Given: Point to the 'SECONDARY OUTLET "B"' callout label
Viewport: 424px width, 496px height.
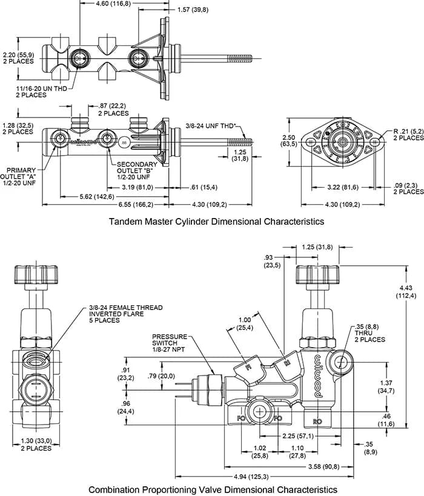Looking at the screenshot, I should pyautogui.click(x=137, y=171).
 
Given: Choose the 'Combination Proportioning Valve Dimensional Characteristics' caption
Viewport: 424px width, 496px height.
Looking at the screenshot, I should pyautogui.click(x=213, y=488).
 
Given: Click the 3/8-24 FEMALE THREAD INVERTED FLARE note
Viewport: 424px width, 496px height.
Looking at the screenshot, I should pyautogui.click(x=125, y=314).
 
